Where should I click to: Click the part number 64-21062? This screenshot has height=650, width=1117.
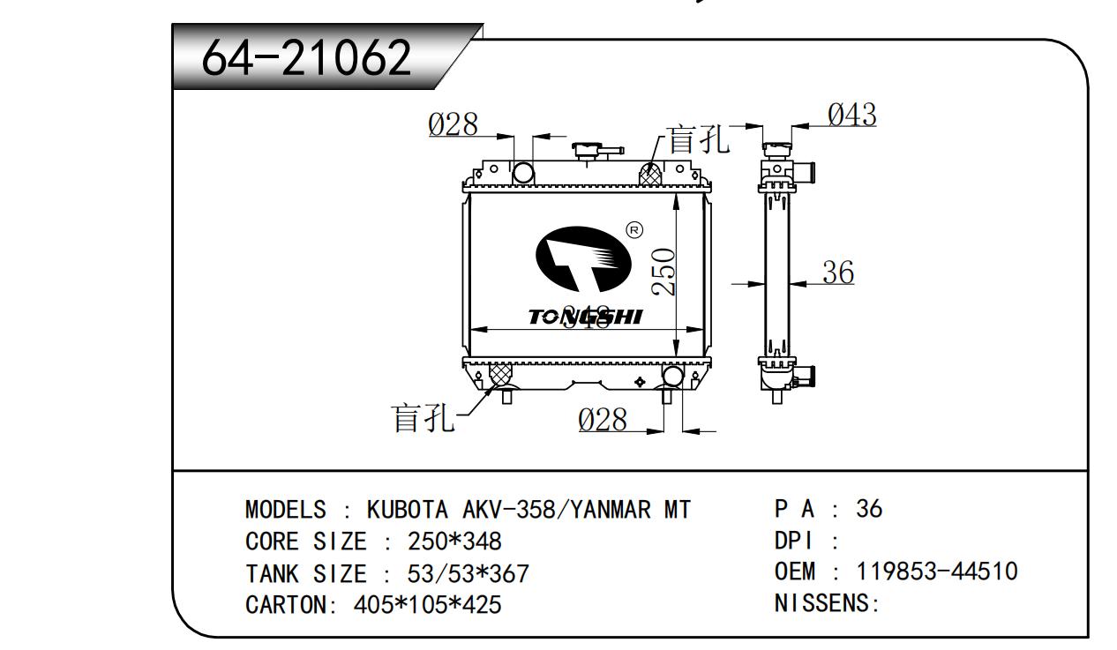pyautogui.click(x=307, y=59)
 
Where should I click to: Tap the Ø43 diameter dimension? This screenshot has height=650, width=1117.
pyautogui.click(x=851, y=115)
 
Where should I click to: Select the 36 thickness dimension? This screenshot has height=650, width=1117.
pyautogui.click(x=837, y=273)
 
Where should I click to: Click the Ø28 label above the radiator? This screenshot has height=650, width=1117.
pyautogui.click(x=453, y=125)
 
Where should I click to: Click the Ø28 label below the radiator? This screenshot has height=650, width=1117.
pyautogui.click(x=603, y=421)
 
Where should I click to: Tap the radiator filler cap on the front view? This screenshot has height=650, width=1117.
pyautogui.click(x=586, y=151)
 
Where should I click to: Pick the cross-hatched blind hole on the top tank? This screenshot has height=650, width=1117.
pyautogui.click(x=651, y=175)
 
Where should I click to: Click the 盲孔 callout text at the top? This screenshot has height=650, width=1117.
pyautogui.click(x=698, y=139)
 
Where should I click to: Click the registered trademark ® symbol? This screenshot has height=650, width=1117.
pyautogui.click(x=633, y=230)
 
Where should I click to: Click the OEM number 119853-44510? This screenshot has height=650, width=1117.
pyautogui.click(x=937, y=572)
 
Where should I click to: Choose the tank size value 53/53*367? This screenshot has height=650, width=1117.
pyautogui.click(x=468, y=574)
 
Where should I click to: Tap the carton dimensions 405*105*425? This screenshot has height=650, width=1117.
pyautogui.click(x=428, y=605)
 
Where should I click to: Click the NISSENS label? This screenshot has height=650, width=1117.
pyautogui.click(x=824, y=604)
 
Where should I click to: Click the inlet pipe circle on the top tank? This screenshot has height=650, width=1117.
pyautogui.click(x=523, y=171)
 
